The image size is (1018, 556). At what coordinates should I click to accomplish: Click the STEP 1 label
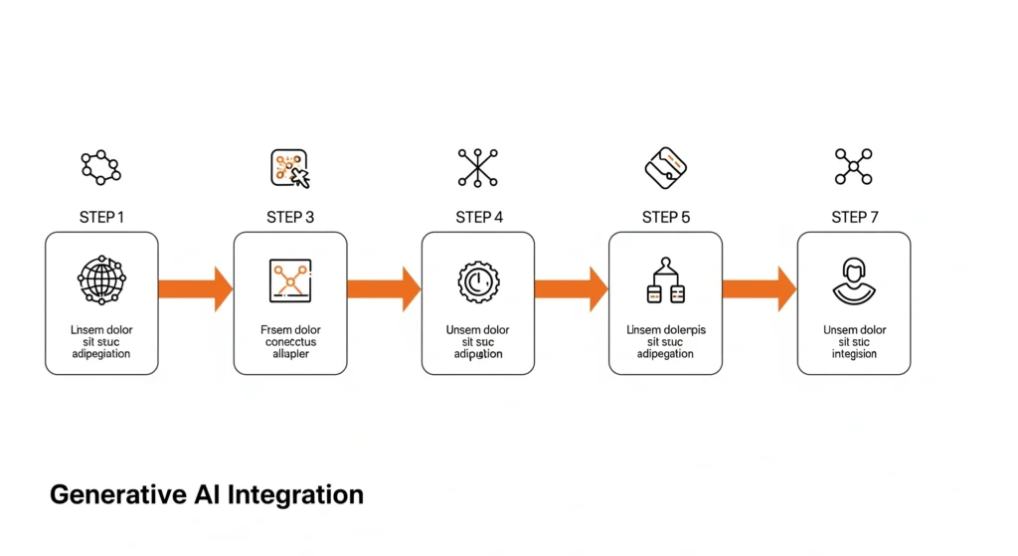pyautogui.click(x=101, y=217)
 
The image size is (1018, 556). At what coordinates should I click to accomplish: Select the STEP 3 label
pyautogui.click(x=290, y=217)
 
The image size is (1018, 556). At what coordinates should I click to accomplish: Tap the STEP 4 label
pyautogui.click(x=479, y=217)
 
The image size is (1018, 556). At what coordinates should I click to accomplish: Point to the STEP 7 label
pyautogui.click(x=855, y=217)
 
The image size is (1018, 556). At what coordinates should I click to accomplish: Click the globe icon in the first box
pyautogui.click(x=101, y=280)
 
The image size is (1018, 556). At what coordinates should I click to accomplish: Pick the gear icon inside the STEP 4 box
pyautogui.click(x=478, y=281)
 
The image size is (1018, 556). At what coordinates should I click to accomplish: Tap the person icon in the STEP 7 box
pyautogui.click(x=854, y=281)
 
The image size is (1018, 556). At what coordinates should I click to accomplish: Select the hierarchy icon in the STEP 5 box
pyautogui.click(x=665, y=281)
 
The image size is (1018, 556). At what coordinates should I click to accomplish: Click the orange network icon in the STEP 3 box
pyautogui.click(x=290, y=281)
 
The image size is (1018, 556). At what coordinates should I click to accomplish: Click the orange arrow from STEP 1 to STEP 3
pyautogui.click(x=195, y=288)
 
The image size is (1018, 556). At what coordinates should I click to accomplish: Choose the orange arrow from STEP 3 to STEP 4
pyautogui.click(x=384, y=288)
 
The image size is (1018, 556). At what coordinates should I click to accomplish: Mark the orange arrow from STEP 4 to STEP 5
pyautogui.click(x=572, y=288)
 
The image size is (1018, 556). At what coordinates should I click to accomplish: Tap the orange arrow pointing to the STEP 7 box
pyautogui.click(x=760, y=288)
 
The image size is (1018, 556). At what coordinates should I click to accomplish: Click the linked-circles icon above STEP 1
pyautogui.click(x=101, y=167)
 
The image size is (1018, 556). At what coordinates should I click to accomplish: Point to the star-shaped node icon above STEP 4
pyautogui.click(x=478, y=167)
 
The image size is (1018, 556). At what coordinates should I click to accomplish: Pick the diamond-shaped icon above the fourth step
pyautogui.click(x=666, y=167)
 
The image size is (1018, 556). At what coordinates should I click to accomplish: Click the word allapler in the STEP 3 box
pyautogui.click(x=290, y=354)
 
